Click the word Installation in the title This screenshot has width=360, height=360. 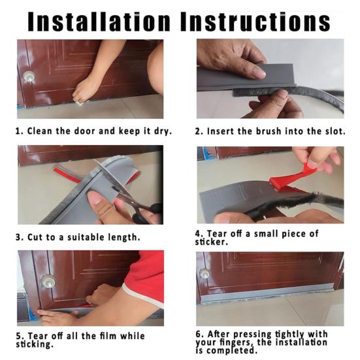[99, 22]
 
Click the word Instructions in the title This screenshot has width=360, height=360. [255, 22]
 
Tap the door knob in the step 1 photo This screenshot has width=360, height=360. [29, 76]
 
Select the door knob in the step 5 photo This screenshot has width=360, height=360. [48, 282]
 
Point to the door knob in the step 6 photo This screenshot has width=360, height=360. [204, 274]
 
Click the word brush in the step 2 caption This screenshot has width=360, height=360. [269, 131]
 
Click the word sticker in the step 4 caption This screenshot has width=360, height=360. [211, 242]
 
